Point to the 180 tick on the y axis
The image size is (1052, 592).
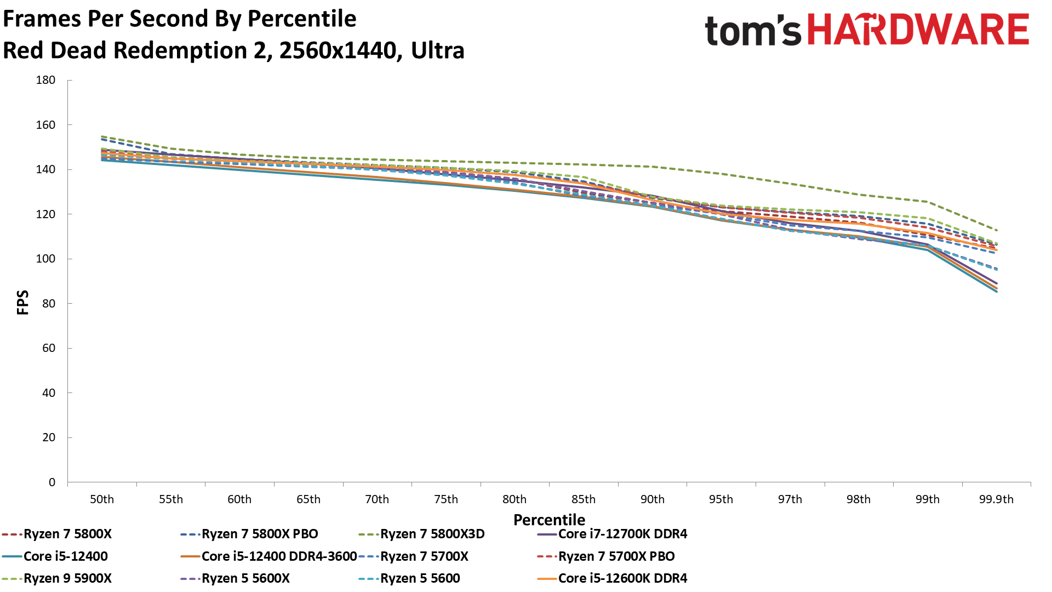[46, 80]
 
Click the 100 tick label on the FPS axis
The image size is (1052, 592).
[46, 259]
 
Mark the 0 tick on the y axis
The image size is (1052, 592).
[52, 482]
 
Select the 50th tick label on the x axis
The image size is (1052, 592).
[102, 499]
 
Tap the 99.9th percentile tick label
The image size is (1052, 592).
[996, 499]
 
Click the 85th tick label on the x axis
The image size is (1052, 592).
[584, 499]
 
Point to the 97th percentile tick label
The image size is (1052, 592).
[790, 499]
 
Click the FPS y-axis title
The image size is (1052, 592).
[23, 303]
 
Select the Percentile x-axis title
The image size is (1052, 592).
[549, 520]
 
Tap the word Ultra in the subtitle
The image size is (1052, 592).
[438, 50]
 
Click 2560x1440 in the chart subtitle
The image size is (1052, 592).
[338, 50]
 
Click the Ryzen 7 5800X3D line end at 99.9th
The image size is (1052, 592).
[996, 230]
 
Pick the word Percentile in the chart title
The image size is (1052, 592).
[302, 19]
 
